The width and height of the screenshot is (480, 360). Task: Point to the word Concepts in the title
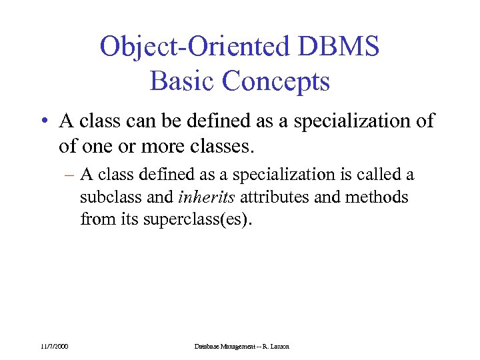coord(276,81)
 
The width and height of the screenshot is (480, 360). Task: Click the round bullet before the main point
coord(43,122)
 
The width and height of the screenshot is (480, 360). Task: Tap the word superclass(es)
coord(198,219)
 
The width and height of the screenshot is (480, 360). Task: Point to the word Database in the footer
coord(209,346)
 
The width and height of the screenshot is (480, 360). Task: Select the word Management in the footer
coord(241,346)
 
